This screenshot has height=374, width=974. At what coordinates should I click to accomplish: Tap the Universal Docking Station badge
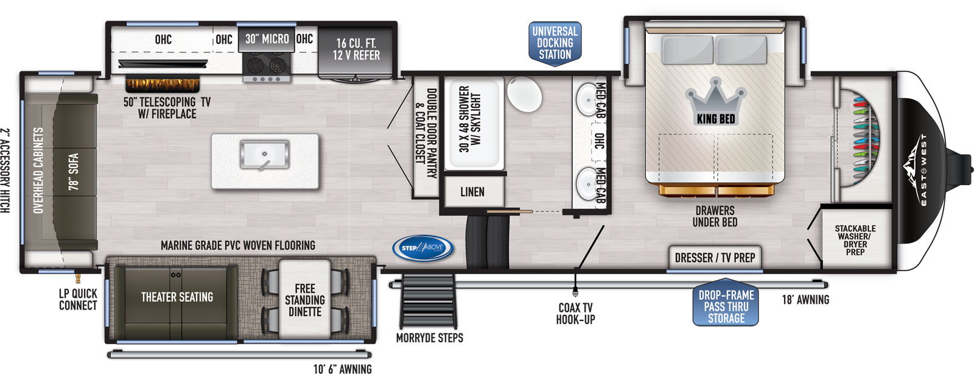point(555,43)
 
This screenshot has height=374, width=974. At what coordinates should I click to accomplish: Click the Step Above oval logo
point(422,249)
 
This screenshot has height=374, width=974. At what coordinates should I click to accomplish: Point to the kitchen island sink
point(264,154)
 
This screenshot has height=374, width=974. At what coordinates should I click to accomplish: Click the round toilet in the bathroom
point(524,94)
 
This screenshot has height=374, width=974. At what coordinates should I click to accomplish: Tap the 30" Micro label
point(267,39)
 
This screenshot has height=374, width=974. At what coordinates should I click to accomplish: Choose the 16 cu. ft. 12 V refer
point(356,53)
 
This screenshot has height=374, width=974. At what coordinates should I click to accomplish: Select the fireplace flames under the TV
point(163,85)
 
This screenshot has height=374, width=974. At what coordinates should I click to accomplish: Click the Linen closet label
point(472,192)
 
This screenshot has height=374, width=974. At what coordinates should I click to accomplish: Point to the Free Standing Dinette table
point(304,299)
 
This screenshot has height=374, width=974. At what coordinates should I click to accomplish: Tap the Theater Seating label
point(177,297)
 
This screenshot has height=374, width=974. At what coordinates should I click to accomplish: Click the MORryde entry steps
point(429,301)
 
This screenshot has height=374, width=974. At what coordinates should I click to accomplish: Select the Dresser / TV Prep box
point(715,258)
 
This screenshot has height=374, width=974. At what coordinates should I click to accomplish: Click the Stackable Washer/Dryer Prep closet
point(855,237)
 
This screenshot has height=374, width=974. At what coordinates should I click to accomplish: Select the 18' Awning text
point(805,300)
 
